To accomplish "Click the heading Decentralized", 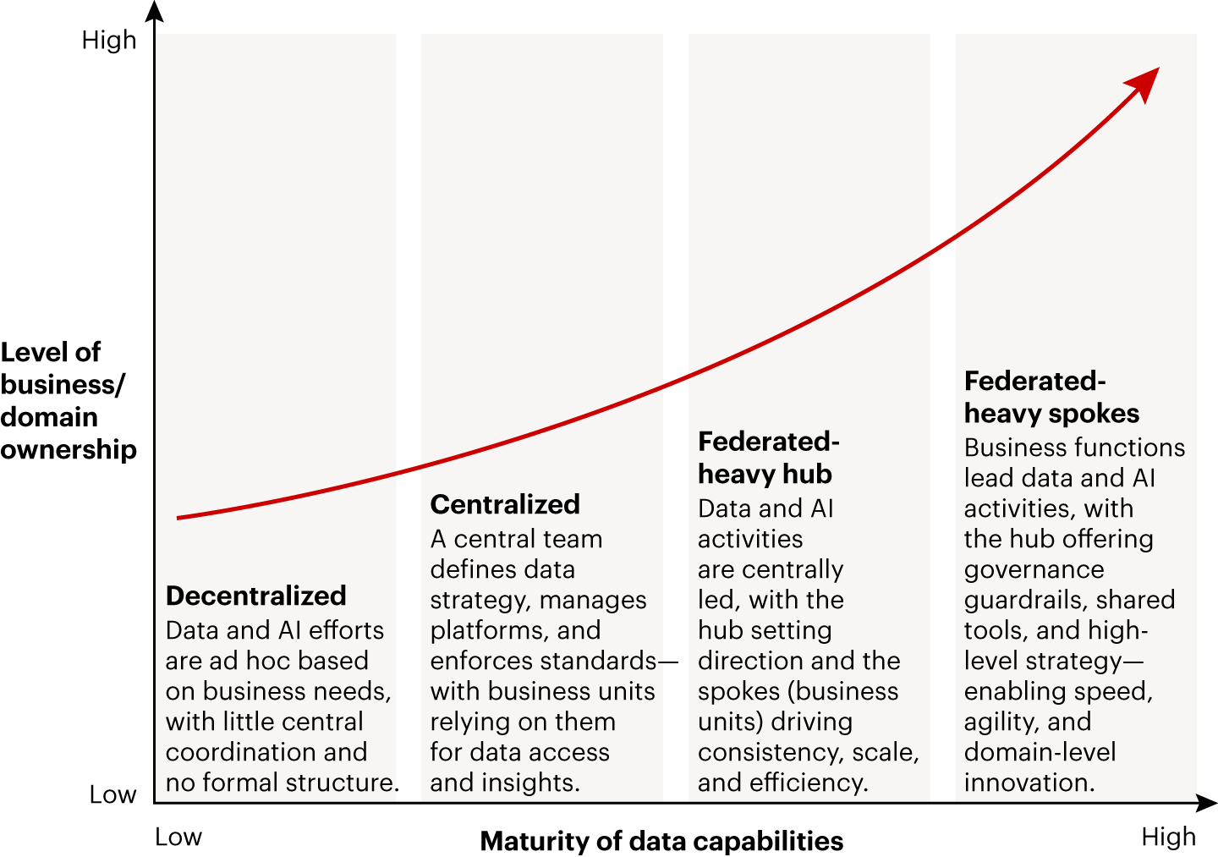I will pyautogui.click(x=255, y=596).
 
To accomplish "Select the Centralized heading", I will pyautogui.click(x=505, y=504).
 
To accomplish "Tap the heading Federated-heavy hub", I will pyautogui.click(x=768, y=458).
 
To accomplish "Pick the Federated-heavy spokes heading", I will pyautogui.click(x=1051, y=397).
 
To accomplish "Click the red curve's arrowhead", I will pyautogui.click(x=1145, y=82).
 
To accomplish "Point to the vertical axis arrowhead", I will pyautogui.click(x=154, y=11).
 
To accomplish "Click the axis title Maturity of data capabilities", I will pyautogui.click(x=661, y=841).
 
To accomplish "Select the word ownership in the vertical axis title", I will pyautogui.click(x=69, y=449).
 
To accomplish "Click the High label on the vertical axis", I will pyautogui.click(x=108, y=40).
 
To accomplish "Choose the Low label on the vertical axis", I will pyautogui.click(x=112, y=794).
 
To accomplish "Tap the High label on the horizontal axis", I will pyautogui.click(x=1168, y=837).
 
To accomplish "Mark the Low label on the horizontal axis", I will pyautogui.click(x=178, y=837).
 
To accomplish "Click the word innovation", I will pyautogui.click(x=1029, y=783).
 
